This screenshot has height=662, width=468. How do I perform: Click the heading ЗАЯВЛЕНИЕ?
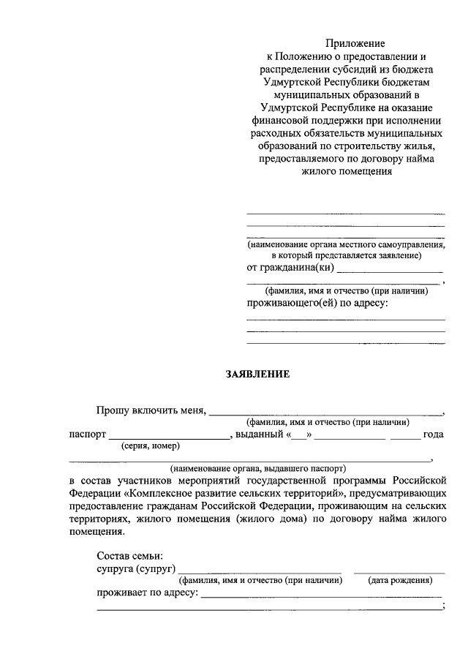(257, 375)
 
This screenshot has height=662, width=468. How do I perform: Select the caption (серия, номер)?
(151, 446)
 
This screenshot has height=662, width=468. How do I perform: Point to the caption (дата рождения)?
(399, 580)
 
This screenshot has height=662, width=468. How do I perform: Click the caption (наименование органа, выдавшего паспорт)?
(257, 467)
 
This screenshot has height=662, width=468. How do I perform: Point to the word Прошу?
(113, 410)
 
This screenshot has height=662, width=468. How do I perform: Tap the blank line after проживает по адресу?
(322, 596)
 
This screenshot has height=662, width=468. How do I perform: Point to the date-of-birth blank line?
(399, 571)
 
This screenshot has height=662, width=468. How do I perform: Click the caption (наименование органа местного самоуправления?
(346, 244)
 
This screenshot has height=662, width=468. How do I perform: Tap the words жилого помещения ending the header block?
(346, 173)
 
